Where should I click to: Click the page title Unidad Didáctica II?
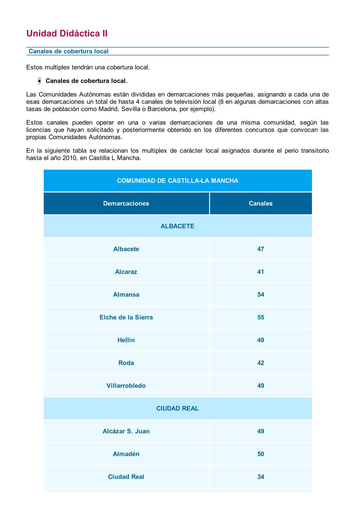click(x=67, y=34)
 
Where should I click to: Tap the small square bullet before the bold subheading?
click(x=39, y=81)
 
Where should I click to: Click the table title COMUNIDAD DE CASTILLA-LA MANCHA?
click(x=177, y=181)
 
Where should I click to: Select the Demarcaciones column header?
click(x=126, y=203)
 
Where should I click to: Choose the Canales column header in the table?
click(x=261, y=203)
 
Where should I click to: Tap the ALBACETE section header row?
click(x=177, y=226)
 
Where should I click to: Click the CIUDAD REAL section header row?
click(x=177, y=408)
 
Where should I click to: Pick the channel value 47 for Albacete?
click(x=261, y=249)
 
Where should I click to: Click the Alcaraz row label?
click(x=126, y=272)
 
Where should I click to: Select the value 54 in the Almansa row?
click(x=261, y=295)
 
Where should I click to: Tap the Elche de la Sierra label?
click(x=126, y=317)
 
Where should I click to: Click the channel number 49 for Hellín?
click(x=261, y=340)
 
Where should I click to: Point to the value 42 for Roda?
click(x=261, y=363)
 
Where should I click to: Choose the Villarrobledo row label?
click(x=126, y=386)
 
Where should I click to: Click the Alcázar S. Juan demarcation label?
click(x=126, y=431)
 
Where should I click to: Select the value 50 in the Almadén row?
click(x=261, y=454)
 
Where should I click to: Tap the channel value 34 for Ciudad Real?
click(x=261, y=477)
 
